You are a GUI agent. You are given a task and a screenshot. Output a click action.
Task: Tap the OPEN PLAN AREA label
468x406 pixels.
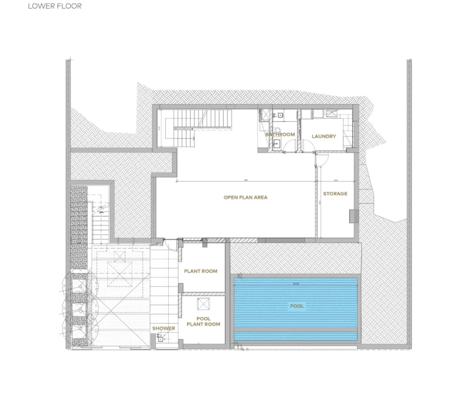coord(245,198)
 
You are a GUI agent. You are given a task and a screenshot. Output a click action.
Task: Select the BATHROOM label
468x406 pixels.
coord(280,135)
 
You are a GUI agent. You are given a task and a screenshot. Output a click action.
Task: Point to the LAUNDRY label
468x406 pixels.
coord(323,136)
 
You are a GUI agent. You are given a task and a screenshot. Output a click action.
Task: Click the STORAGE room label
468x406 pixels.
coord(335,194)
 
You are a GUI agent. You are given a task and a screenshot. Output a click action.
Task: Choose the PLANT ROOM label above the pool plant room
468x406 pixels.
coord(200,271)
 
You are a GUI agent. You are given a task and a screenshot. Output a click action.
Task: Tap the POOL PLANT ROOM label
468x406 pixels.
coord(203,321)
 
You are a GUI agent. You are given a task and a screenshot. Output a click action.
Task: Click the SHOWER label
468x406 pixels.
coord(163,329)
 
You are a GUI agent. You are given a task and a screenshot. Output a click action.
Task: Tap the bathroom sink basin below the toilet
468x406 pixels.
coord(277,144)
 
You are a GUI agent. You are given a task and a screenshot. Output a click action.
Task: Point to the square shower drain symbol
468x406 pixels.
coord(160,340)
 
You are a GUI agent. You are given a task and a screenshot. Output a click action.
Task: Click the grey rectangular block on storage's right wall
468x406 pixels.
coord(353,216)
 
